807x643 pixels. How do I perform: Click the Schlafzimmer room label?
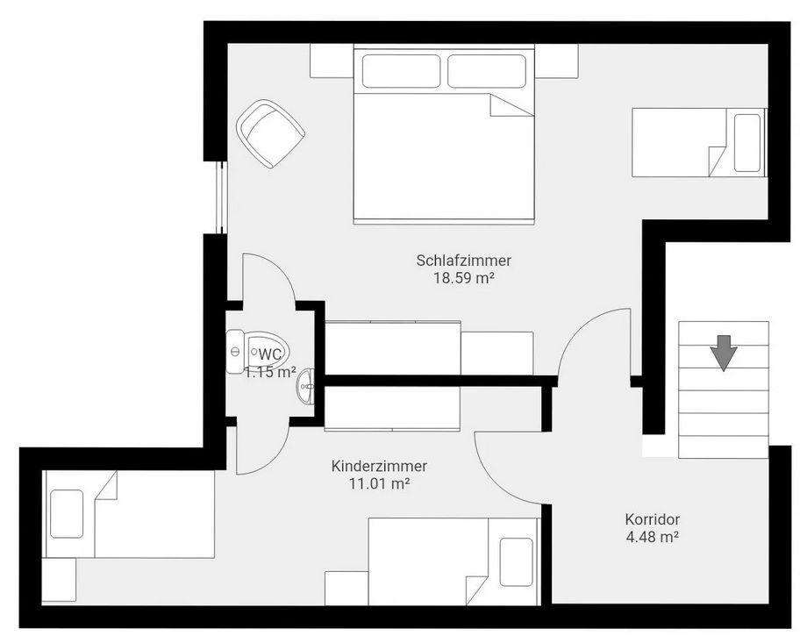coord(464,261)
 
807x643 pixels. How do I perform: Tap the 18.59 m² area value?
coord(464,278)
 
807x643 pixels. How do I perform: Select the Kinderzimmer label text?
coord(379,467)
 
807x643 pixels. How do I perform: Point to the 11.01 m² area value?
coord(379,484)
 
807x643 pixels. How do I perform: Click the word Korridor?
coord(653,519)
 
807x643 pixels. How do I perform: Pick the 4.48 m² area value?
coord(652,537)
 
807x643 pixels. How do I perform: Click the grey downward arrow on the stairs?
coord(724,353)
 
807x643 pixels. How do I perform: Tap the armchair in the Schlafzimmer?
coord(270,133)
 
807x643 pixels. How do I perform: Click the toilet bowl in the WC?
coord(267,352)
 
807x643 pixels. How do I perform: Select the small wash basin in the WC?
coord(307,386)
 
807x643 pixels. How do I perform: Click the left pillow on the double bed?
coord(402,71)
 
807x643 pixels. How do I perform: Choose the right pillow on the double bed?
coord(487,71)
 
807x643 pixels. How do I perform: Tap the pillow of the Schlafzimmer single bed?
coord(747,143)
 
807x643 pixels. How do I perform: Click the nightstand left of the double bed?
coord(332,61)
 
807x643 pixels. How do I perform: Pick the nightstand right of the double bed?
coord(556,61)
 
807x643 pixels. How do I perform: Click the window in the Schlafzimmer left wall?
coord(221,197)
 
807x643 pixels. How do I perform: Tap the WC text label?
coord(269,354)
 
